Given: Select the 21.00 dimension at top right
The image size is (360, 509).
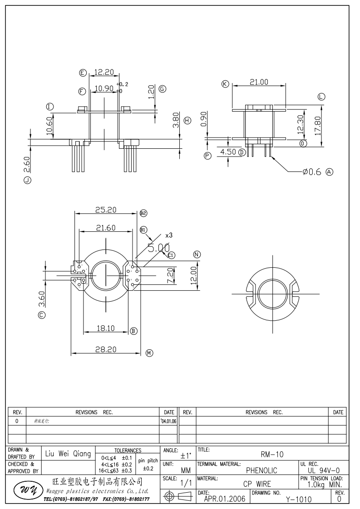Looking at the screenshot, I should [x=259, y=82].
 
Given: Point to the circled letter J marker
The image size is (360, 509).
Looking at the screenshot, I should [x=27, y=181].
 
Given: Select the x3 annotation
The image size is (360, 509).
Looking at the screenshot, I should [x=169, y=235].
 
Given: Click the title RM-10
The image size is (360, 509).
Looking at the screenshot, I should [x=272, y=454].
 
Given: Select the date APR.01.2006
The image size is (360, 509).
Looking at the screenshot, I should [x=225, y=499].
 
